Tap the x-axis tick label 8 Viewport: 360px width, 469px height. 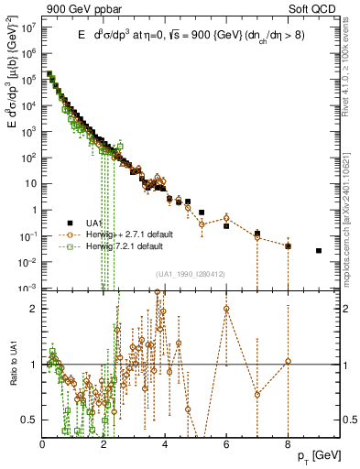[288, 444]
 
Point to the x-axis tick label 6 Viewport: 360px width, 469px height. [226, 444]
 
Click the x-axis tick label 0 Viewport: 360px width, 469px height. [43, 444]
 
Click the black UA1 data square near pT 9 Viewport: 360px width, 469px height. [319, 250]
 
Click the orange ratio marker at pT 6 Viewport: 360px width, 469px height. [226, 308]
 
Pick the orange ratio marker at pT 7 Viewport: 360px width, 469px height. [257, 395]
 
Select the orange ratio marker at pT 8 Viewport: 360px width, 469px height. [288, 361]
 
